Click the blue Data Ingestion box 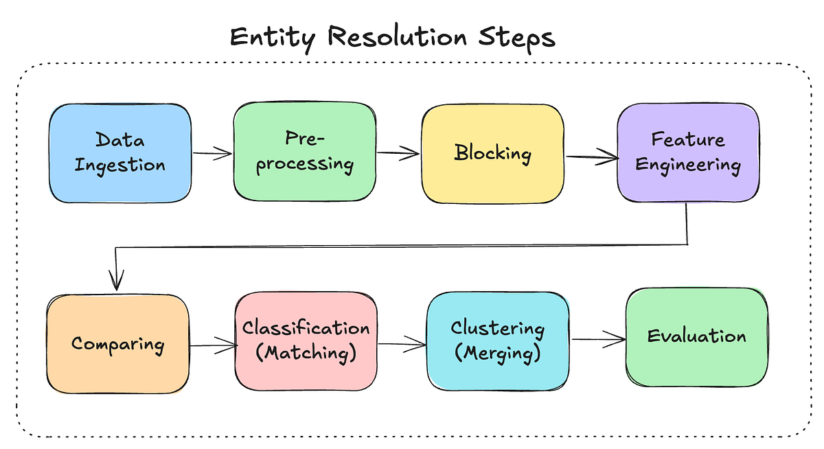(x=119, y=153)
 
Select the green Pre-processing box (x=304, y=152)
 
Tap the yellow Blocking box (x=492, y=152)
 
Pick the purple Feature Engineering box (x=687, y=152)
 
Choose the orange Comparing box (x=117, y=343)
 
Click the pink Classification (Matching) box (x=306, y=341)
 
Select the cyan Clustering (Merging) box (x=497, y=341)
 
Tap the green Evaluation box (x=696, y=336)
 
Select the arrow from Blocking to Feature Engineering (x=591, y=159)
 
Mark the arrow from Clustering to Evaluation (x=597, y=339)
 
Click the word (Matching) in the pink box (x=306, y=354)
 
